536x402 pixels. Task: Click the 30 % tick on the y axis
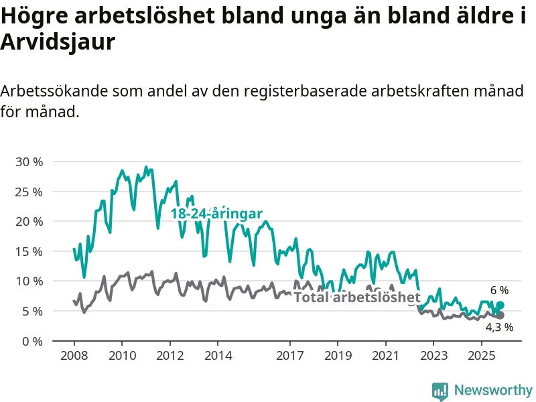[x=29, y=161]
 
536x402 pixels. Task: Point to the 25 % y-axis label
[x=29, y=192]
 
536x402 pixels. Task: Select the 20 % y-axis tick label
[x=29, y=221]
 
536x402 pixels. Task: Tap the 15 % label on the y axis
[x=29, y=251]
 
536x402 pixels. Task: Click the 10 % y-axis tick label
[x=29, y=281]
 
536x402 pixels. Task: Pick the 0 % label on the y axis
[x=31, y=341]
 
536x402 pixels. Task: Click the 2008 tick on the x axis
[x=74, y=354]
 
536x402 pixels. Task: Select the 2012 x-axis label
[x=170, y=354]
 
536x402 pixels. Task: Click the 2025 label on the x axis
[x=481, y=354]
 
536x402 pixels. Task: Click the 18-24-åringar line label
[x=216, y=214]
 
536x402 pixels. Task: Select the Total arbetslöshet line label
[x=357, y=297]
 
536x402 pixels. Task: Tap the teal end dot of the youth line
[x=500, y=306]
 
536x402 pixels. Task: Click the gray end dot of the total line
[x=500, y=315]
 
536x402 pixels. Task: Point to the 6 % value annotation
[x=499, y=291]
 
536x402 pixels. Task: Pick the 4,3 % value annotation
[x=499, y=328]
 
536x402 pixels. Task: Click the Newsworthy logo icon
[x=440, y=391]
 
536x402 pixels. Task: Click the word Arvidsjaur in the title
[x=58, y=42]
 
